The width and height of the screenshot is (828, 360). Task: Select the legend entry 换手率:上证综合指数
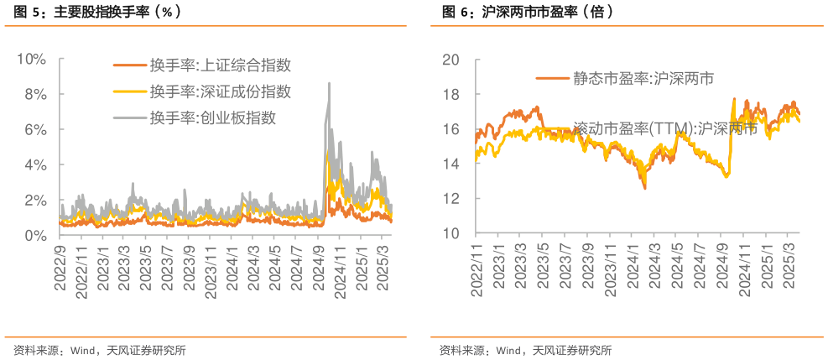coord(220,65)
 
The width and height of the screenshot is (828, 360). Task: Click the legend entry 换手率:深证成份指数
coord(220,91)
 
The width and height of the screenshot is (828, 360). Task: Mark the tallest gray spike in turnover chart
coord(329,83)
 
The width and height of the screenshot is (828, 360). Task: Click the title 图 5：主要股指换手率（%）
coord(97,13)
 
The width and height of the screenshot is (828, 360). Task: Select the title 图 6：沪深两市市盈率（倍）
coord(528,13)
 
